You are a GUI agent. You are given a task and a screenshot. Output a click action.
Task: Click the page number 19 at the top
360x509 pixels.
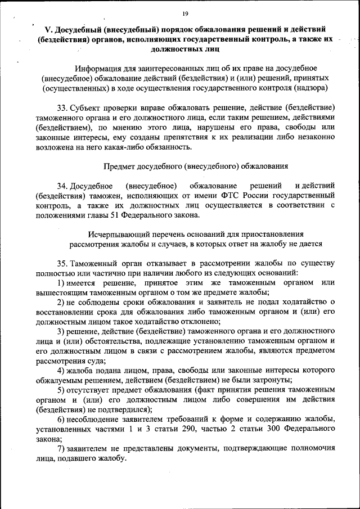[185, 14]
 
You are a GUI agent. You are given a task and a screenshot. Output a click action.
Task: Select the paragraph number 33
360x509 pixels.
[62, 107]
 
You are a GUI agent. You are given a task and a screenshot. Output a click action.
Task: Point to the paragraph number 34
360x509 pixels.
[62, 185]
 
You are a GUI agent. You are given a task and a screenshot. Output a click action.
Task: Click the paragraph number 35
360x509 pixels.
[62, 263]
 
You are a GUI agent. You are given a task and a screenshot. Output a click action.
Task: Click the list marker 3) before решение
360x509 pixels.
[61, 331]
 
